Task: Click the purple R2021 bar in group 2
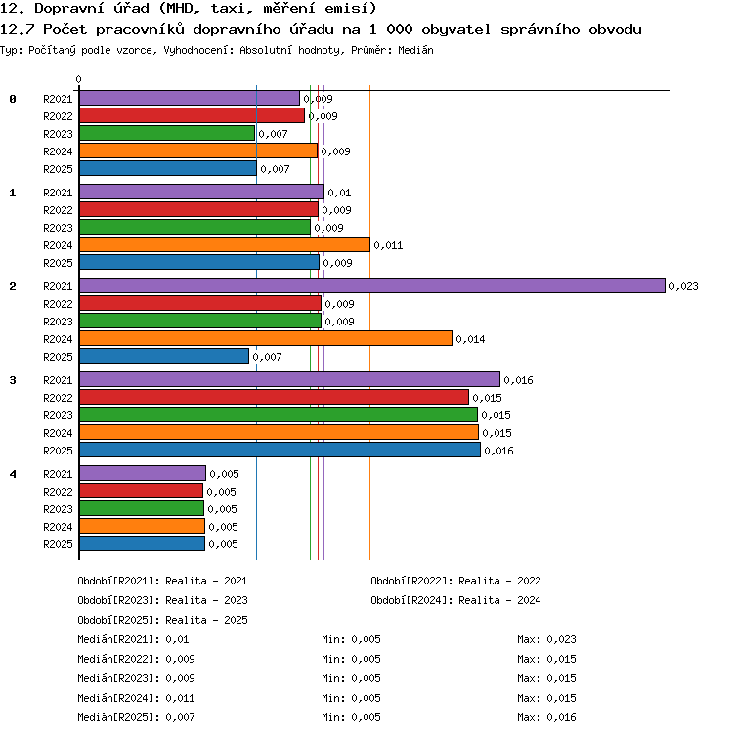click(372, 285)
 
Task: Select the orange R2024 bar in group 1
click(225, 244)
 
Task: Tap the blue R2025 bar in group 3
click(280, 450)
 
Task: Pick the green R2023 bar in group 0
click(167, 133)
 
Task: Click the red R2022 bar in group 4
click(141, 491)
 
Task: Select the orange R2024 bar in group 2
click(266, 338)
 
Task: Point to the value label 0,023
click(683, 286)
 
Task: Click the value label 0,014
click(470, 339)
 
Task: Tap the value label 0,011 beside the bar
click(388, 245)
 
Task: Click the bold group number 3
click(13, 380)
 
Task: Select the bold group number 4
click(13, 474)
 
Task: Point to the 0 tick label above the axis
click(79, 79)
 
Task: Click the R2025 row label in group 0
click(58, 169)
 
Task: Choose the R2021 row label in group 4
click(58, 474)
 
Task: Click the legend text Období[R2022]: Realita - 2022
click(455, 581)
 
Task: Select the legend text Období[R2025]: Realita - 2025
click(162, 620)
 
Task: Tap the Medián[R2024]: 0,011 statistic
click(136, 698)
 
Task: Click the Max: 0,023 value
click(546, 639)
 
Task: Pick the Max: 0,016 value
click(546, 717)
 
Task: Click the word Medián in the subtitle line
click(415, 50)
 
